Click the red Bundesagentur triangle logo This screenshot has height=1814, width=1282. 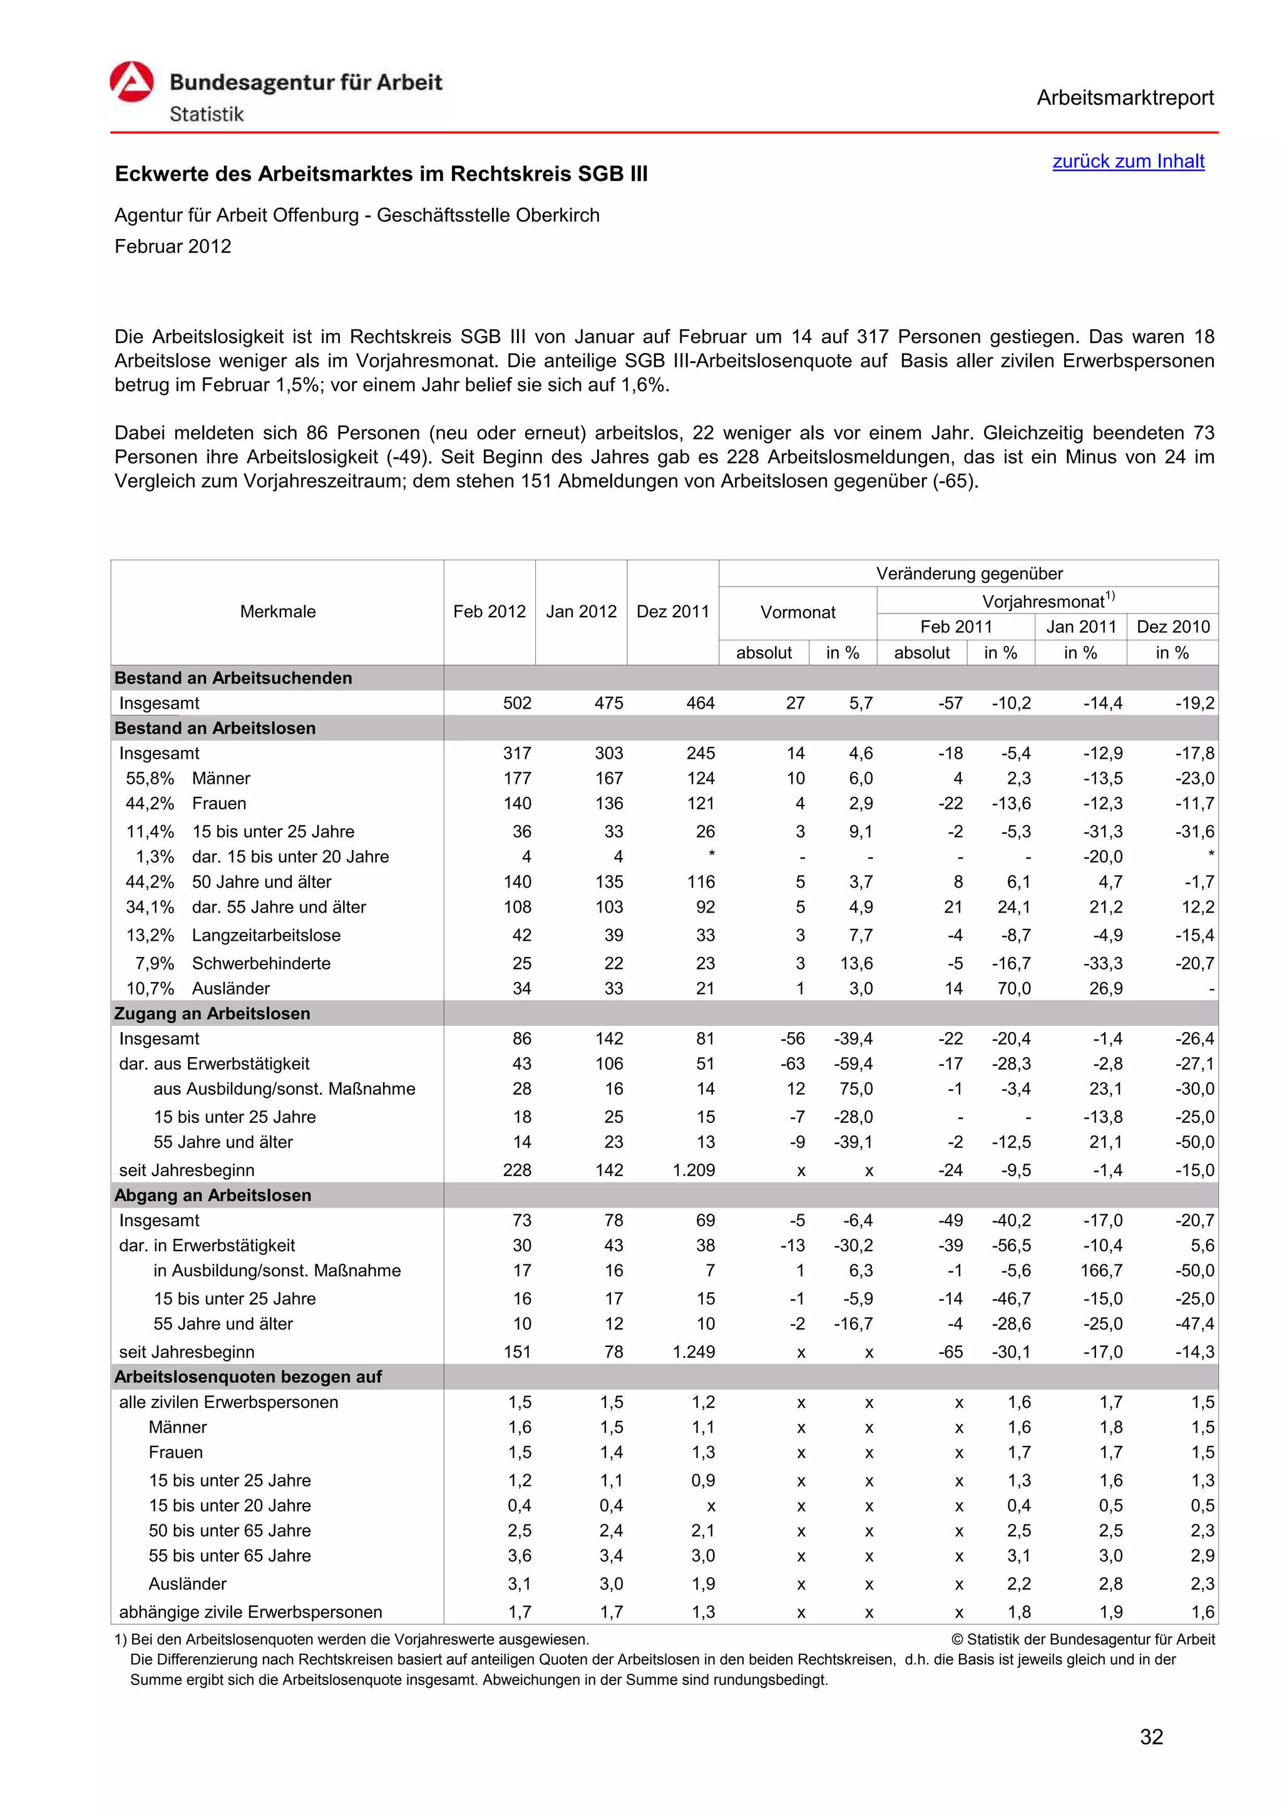[131, 82]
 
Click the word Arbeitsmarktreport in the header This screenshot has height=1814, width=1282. [1124, 98]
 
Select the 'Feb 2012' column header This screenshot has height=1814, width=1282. [489, 612]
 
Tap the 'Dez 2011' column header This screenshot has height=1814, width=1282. [672, 612]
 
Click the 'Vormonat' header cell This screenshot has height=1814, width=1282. [797, 612]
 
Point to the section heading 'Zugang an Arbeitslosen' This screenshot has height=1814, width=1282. [212, 1013]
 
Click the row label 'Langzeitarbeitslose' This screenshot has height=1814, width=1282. [266, 935]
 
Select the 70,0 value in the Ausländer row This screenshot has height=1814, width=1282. [1013, 988]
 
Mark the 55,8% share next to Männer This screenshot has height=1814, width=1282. [150, 778]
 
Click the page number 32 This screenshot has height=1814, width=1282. [1151, 1736]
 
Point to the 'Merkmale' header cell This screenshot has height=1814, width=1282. [277, 612]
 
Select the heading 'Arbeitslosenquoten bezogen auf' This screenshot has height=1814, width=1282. [247, 1376]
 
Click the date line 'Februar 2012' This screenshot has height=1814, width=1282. [173, 247]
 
